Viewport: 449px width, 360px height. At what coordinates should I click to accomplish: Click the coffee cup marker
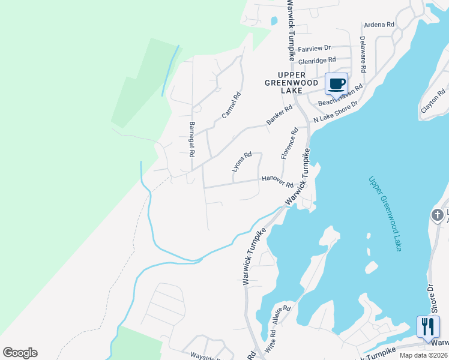coord(336,83)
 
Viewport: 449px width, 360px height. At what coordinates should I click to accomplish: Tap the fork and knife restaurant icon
coord(427,326)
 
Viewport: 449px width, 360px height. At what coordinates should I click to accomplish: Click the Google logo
coord(20,353)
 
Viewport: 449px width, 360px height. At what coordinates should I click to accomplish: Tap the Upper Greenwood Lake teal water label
coord(385,213)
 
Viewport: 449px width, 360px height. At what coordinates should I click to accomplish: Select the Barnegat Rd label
coord(192,139)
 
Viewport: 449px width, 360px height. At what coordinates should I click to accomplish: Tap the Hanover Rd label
coord(277,181)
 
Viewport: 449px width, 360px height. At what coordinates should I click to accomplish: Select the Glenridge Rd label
coord(317,61)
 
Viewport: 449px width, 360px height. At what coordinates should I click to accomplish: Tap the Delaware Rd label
coord(363,54)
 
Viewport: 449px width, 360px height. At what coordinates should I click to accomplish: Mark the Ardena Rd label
coord(379,25)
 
